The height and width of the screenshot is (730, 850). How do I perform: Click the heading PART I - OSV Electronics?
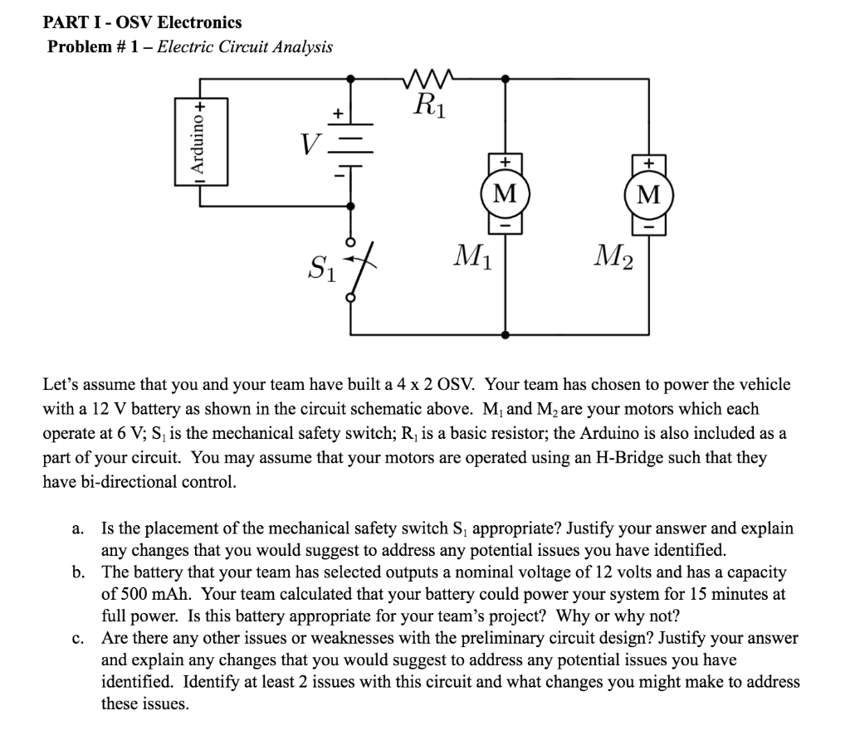point(142,22)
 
